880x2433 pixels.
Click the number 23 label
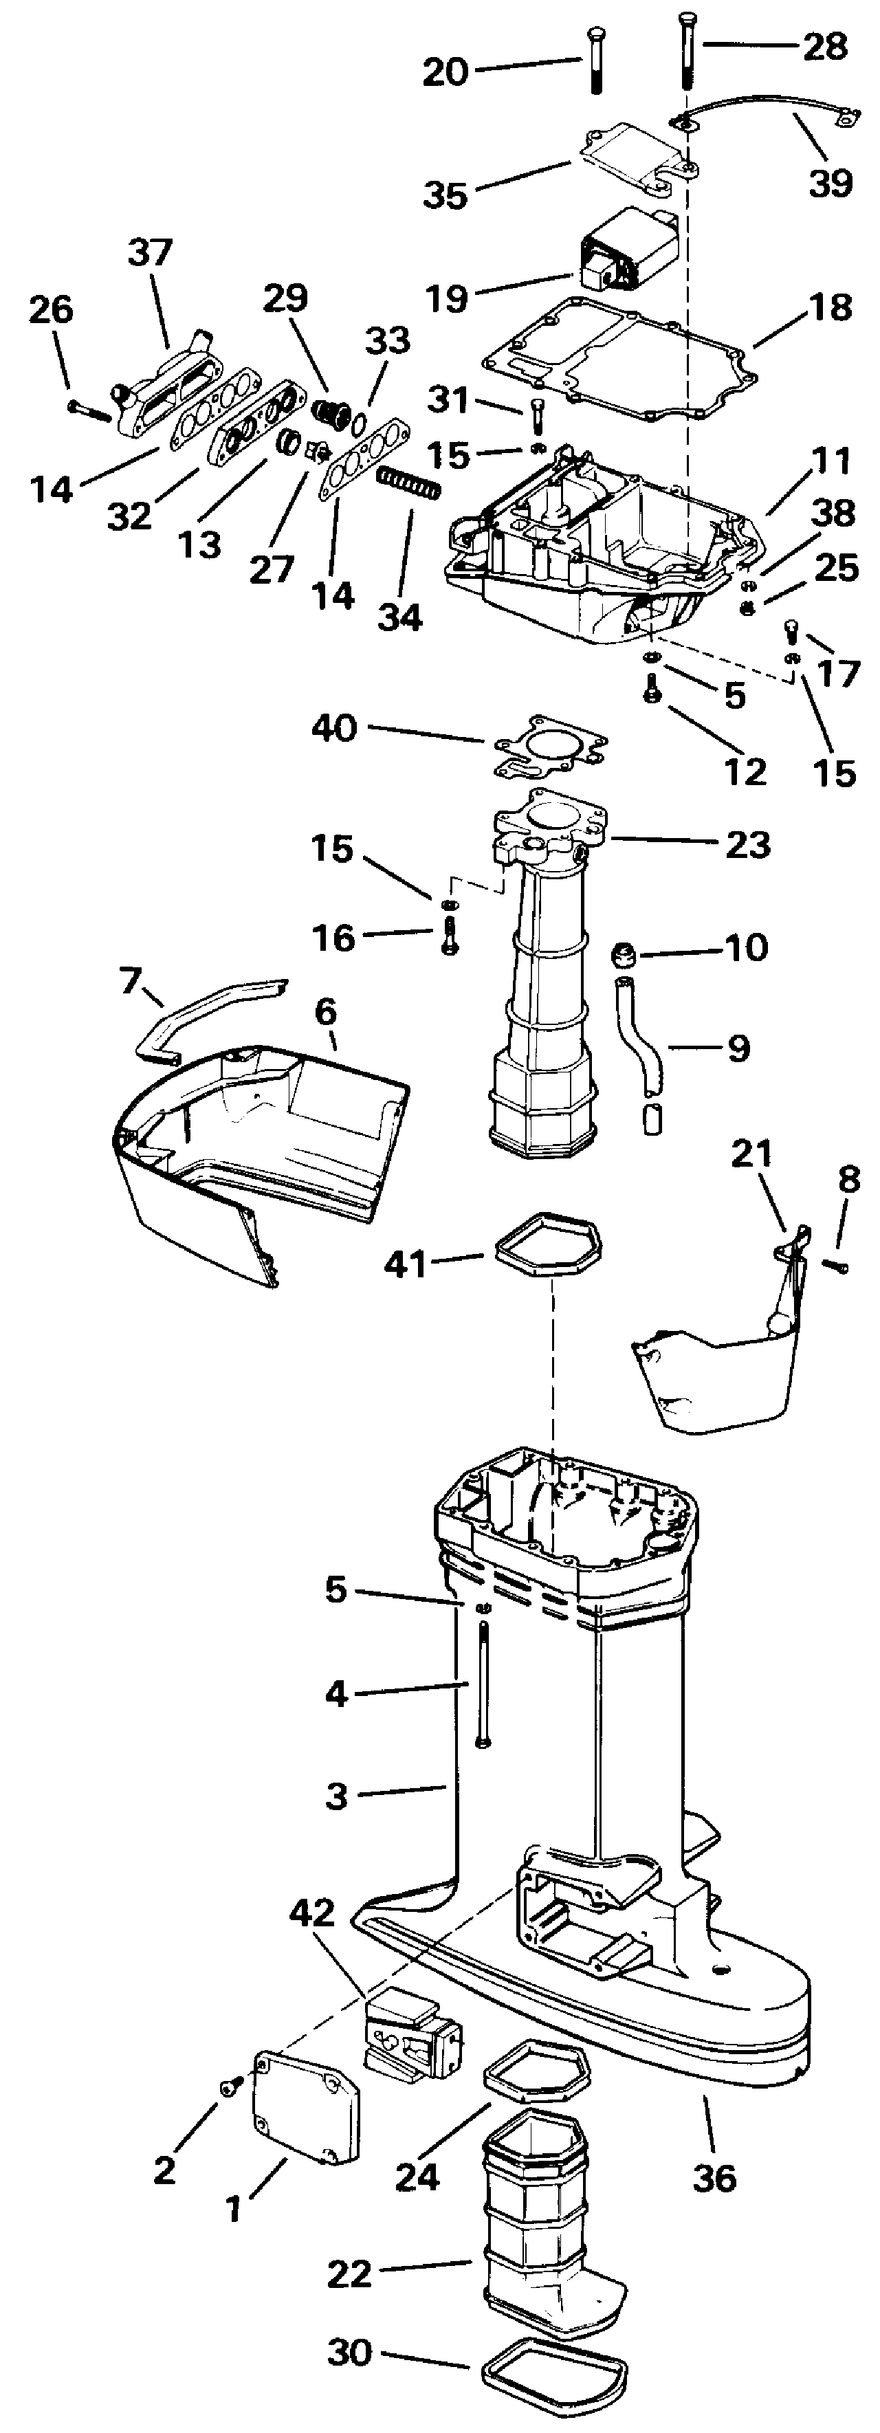pyautogui.click(x=747, y=844)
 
